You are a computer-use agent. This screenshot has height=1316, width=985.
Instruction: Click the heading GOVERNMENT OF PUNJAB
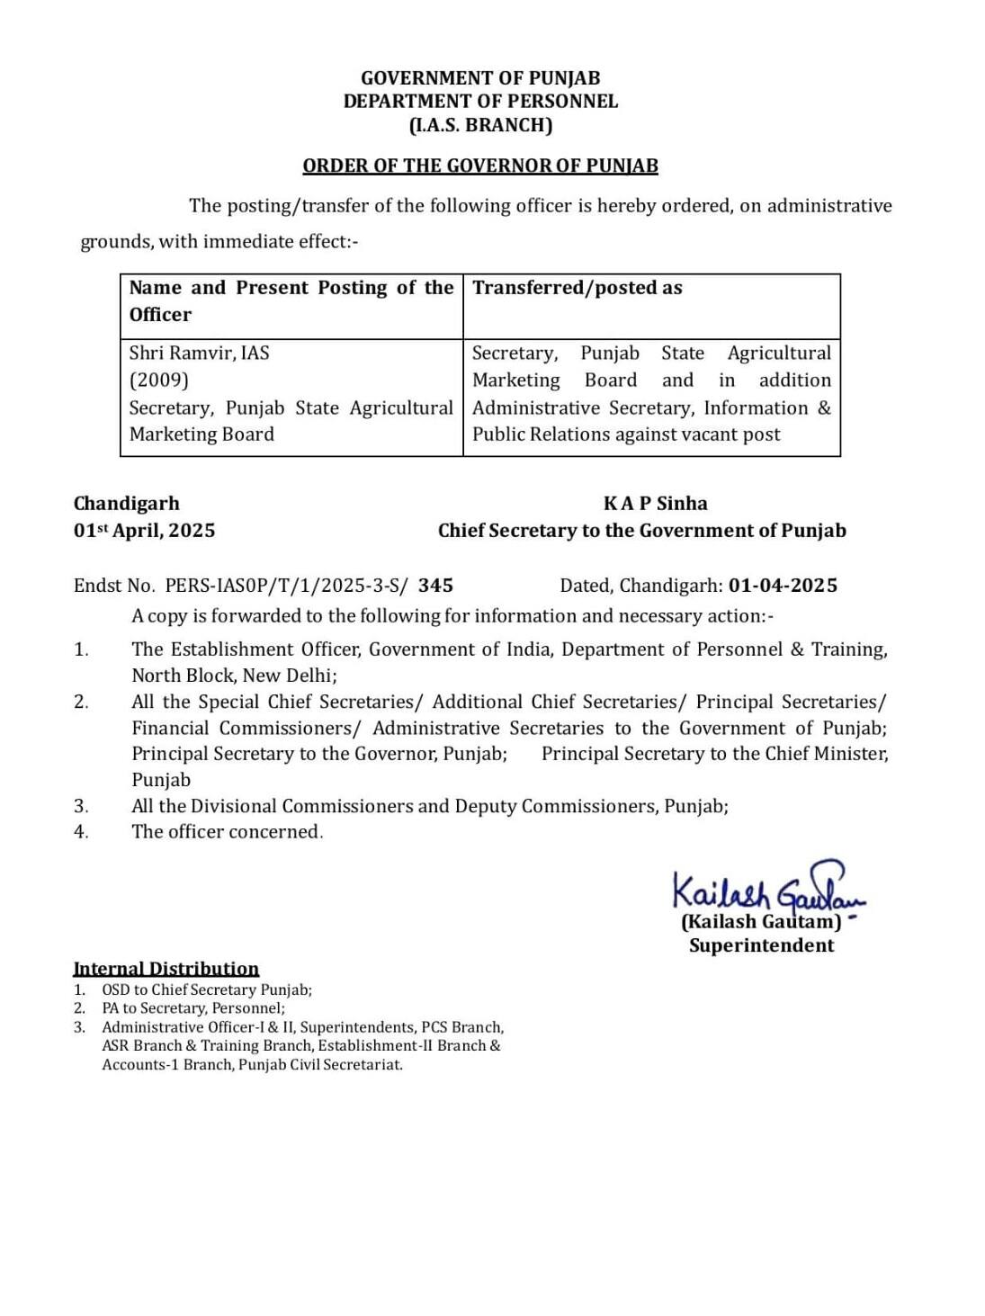[480, 78]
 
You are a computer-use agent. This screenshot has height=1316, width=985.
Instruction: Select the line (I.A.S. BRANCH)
[480, 125]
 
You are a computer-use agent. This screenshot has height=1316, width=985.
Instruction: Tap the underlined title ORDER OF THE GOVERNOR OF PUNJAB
[480, 166]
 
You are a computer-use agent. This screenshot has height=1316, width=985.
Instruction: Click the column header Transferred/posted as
[578, 288]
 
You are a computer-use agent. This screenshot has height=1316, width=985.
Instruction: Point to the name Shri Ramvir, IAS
[199, 353]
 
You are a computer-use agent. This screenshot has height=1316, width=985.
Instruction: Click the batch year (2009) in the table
[159, 380]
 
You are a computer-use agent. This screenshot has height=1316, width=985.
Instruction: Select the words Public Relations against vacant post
[626, 434]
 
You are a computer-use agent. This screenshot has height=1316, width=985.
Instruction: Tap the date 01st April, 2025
[144, 531]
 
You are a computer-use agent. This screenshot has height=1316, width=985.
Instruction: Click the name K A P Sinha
[656, 504]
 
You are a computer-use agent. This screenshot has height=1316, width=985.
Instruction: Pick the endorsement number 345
[436, 586]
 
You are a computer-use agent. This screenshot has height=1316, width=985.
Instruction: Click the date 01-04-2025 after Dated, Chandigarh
[783, 586]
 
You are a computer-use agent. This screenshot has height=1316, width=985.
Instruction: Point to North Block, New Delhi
[234, 675]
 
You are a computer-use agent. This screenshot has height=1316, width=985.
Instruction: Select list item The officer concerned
[227, 832]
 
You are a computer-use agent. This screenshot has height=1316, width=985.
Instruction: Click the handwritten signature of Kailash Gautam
[765, 889]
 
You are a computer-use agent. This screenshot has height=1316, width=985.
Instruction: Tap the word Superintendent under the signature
[762, 945]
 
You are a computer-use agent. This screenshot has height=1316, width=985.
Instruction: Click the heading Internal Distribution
[166, 969]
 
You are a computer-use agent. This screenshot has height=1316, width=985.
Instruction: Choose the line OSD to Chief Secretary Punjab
[207, 989]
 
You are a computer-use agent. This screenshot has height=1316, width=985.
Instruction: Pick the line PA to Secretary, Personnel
[193, 1008]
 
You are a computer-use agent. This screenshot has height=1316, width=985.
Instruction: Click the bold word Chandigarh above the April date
[127, 504]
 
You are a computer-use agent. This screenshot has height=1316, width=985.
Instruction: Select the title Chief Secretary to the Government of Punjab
[642, 531]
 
